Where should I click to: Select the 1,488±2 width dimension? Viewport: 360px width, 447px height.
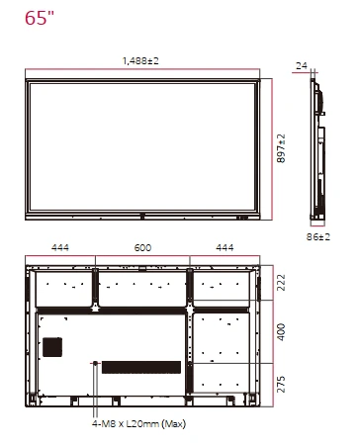point(140,60)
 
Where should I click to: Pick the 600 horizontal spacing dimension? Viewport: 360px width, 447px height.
point(141,247)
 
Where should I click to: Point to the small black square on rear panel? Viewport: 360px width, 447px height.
point(51,347)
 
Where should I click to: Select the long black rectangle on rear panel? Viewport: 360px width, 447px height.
point(140,367)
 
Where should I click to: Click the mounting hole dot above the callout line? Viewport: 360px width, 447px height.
point(95,364)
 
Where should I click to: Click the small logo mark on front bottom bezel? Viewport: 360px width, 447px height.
point(142,212)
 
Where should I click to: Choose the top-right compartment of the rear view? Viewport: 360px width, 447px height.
point(222,286)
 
